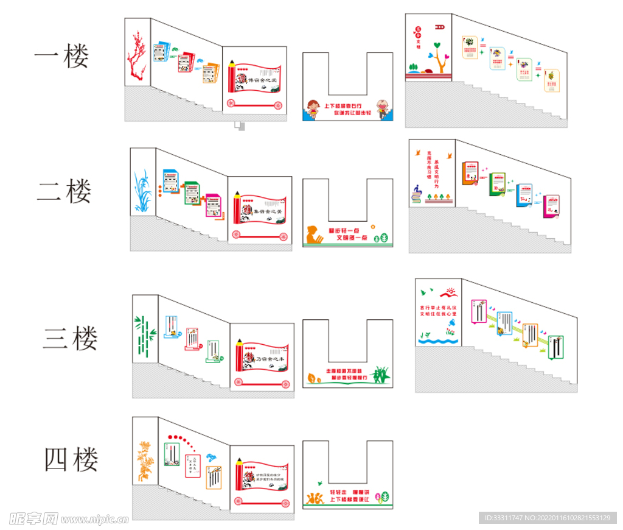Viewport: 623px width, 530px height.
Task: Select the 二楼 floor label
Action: [x=64, y=191]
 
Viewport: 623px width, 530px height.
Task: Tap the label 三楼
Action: [x=70, y=338]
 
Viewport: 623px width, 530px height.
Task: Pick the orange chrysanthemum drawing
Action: [x=145, y=461]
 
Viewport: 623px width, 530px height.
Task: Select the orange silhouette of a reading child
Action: [x=314, y=235]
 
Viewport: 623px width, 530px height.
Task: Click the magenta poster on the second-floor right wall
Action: [x=551, y=207]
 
